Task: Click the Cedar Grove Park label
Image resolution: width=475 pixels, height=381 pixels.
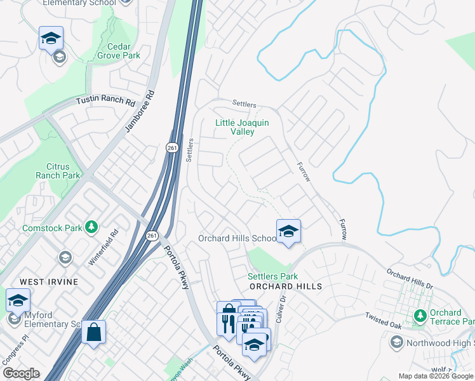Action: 114,51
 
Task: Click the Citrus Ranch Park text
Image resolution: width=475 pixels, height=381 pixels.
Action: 58,171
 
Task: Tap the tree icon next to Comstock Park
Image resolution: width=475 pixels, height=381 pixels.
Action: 91,227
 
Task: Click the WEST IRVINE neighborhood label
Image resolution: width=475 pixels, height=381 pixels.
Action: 48,281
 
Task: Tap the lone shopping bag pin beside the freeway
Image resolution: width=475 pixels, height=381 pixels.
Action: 93,331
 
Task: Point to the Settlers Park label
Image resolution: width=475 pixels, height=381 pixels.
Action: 272,276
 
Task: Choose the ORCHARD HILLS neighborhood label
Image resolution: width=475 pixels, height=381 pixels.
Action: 286,286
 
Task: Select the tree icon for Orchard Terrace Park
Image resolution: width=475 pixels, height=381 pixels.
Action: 419,316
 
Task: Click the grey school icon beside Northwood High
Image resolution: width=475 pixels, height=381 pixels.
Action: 396,343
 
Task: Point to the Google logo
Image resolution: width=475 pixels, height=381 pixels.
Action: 21,373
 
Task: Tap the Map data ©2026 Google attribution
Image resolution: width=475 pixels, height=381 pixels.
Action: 436,376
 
